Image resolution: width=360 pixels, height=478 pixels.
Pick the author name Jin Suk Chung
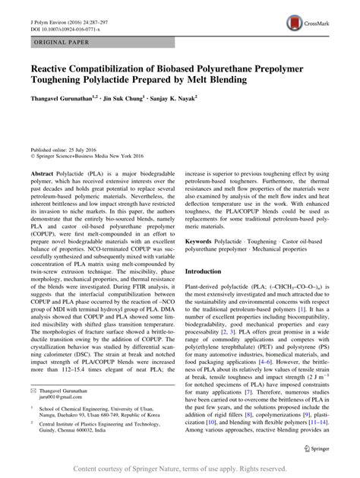[x=131, y=97]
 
